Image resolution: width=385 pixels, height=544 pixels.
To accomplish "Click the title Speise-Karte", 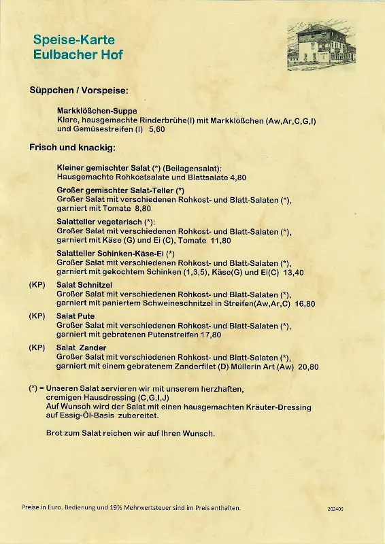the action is point(74,40).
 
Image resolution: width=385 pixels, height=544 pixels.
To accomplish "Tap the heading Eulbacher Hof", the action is point(78,55).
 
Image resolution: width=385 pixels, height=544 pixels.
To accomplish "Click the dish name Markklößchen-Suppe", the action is point(97,110).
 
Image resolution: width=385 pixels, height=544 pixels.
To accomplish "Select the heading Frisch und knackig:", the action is point(72,147).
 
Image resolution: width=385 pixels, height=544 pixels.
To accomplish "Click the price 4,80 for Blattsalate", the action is point(238,177).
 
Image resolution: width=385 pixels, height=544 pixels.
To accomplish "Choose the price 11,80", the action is point(220,240).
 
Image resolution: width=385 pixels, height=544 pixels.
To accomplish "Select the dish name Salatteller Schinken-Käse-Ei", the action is point(111,254).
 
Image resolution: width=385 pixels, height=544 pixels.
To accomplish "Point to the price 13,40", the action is point(294,272).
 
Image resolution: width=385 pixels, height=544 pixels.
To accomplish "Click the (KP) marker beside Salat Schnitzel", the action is point(37,285).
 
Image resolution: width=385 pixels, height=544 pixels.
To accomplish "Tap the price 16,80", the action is point(306,303).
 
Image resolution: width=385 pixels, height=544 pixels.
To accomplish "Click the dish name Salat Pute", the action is point(76,316).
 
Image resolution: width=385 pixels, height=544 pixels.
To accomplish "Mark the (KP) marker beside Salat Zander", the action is point(37,347).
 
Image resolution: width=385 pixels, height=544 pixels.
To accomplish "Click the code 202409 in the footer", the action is point(335,509).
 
